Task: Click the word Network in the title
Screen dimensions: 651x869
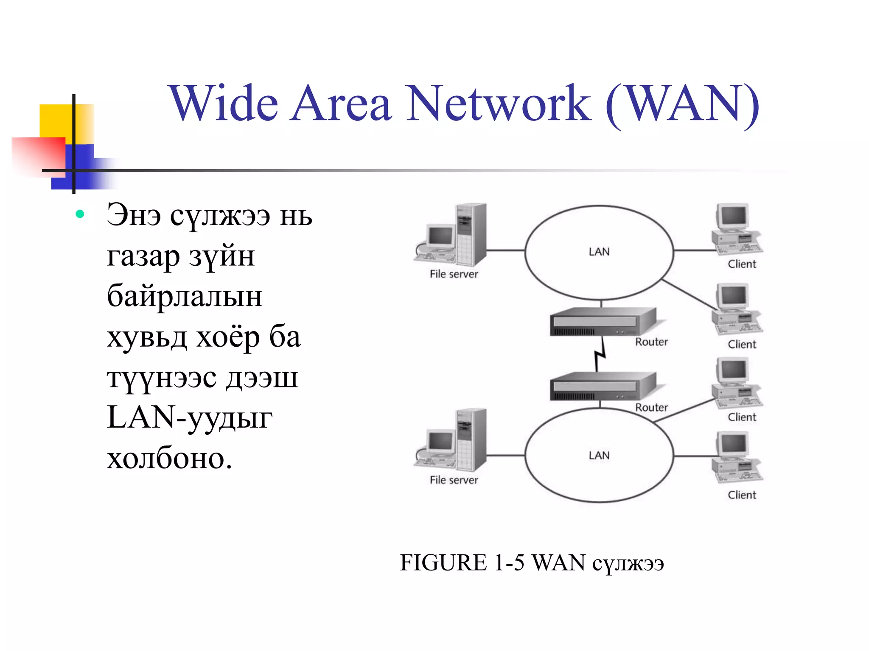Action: pos(499,104)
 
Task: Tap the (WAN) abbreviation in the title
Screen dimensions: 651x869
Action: pos(682,104)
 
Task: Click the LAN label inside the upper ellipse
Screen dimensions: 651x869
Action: pos(599,252)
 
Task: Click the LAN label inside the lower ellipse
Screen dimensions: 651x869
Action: pos(599,456)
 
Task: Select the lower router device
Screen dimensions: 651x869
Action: pos(603,386)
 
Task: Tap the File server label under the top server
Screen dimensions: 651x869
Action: pos(454,274)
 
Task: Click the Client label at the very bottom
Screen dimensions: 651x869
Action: pos(742,495)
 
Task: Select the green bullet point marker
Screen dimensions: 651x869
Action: pos(80,214)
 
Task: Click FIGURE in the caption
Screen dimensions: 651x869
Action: pos(443,563)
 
